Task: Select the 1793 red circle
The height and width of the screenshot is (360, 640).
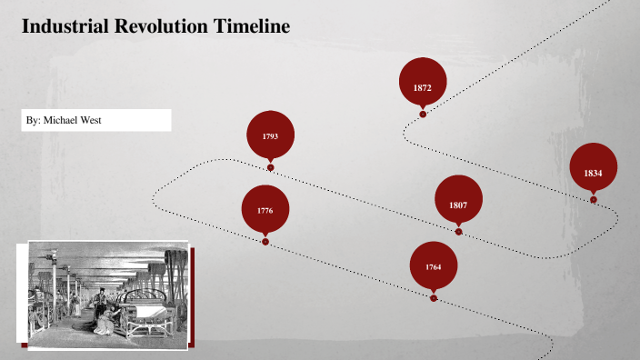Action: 270,135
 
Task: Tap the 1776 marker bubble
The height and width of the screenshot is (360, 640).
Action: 265,209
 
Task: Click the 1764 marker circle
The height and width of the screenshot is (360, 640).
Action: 433,265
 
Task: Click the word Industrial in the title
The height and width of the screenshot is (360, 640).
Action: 67,27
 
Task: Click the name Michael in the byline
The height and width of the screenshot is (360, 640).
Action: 64,120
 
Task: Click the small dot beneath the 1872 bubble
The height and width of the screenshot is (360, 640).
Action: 423,114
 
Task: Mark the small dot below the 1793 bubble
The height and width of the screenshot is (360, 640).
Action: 270,167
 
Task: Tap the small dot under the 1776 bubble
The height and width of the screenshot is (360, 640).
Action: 265,242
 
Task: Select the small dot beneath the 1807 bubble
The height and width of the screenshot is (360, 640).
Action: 458,232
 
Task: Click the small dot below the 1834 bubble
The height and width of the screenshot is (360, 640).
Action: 593,199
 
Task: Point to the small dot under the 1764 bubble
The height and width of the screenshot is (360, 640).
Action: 433,297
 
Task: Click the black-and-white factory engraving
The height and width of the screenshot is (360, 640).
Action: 107,293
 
